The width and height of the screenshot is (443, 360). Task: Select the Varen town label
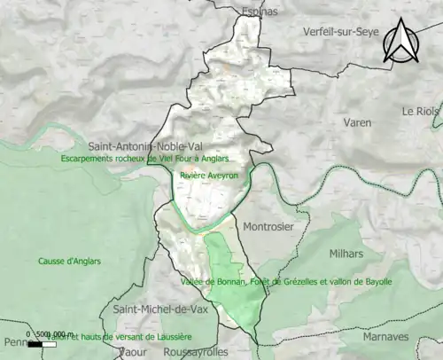click(x=358, y=122)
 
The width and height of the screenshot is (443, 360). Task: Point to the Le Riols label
click(x=422, y=112)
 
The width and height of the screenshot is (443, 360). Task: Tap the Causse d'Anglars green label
click(x=69, y=262)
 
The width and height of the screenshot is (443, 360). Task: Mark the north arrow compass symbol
click(x=400, y=42)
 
